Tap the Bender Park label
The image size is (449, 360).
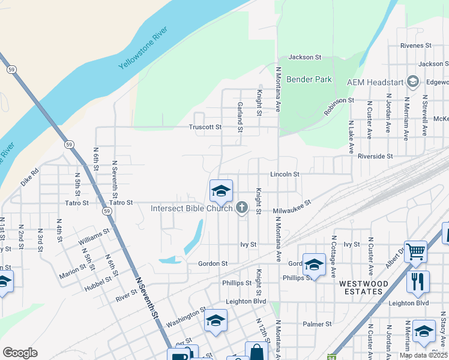[x=309, y=79]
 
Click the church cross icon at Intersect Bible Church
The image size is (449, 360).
[x=242, y=208]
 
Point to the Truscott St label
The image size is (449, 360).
[x=205, y=127]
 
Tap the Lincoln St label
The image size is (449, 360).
[x=285, y=174]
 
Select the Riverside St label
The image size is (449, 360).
[x=375, y=156]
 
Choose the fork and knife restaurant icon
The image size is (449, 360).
[x=418, y=281]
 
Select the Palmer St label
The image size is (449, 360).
[x=317, y=324]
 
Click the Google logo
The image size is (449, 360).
[x=20, y=353]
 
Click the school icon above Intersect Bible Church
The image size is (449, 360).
[x=221, y=191]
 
